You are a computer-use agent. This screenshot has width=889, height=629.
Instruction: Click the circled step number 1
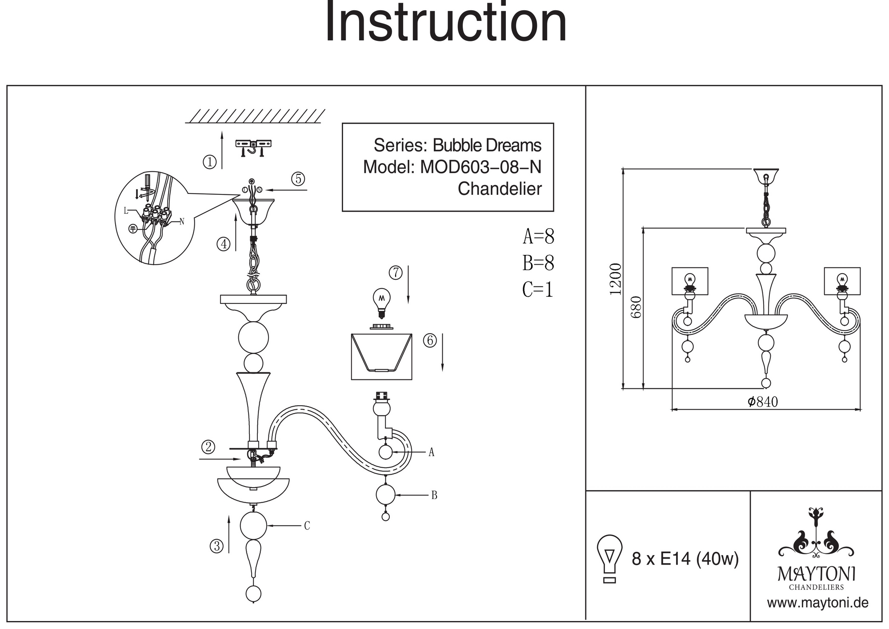tap(209, 161)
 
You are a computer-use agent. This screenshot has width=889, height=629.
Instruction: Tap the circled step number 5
tap(298, 179)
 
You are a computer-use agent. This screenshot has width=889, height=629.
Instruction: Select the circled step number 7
tap(396, 272)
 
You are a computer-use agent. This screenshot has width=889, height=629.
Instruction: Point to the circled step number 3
tap(216, 546)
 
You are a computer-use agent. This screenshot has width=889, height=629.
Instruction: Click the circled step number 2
tap(208, 447)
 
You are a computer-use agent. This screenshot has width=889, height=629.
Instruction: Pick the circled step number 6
tap(430, 340)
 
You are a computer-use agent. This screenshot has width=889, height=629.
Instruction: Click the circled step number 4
tap(224, 244)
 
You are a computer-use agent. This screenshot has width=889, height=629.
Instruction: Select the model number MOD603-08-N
tap(481, 167)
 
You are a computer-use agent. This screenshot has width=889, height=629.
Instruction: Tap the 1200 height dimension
tap(616, 279)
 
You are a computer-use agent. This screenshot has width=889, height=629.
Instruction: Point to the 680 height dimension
tap(637, 307)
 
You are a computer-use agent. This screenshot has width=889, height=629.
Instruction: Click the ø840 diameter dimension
tap(763, 402)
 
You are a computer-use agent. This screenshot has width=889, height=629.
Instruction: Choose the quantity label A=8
tap(538, 236)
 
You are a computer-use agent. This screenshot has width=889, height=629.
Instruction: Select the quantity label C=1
tap(537, 290)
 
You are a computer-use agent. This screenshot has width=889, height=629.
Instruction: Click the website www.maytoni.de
tap(818, 603)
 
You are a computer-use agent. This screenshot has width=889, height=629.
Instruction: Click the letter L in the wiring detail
tap(126, 210)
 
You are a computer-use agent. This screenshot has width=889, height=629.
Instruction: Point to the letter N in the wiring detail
tap(181, 222)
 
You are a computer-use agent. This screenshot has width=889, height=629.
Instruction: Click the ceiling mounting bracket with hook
tap(253, 148)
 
